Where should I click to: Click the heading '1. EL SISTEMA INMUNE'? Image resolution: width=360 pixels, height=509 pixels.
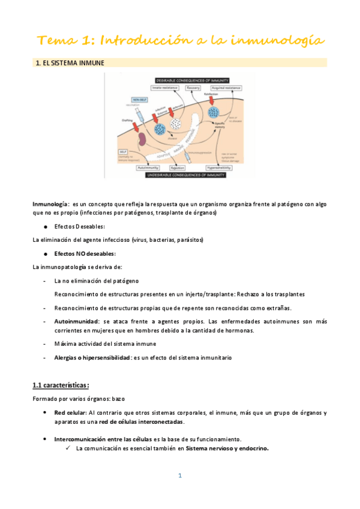coord(70,62)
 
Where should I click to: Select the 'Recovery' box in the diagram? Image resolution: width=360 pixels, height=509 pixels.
coord(193,88)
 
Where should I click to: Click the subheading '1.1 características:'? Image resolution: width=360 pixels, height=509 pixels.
coord(61,385)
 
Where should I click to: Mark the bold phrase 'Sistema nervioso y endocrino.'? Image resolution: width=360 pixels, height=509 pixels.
coord(227,448)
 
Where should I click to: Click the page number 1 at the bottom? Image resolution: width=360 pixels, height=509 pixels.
coord(179,476)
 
